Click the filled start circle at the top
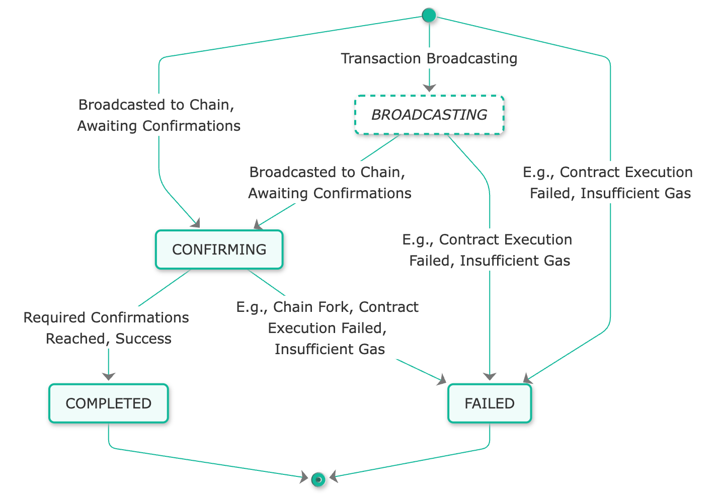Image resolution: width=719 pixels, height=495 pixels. (x=429, y=16)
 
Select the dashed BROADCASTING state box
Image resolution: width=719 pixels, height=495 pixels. (x=429, y=115)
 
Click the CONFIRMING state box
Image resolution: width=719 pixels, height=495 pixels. (x=219, y=250)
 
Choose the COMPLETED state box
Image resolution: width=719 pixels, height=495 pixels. (x=109, y=403)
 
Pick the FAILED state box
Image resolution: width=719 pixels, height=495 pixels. (x=490, y=403)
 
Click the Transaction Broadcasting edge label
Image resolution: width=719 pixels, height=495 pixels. (x=429, y=58)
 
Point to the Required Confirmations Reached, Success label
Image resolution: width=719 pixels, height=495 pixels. (x=109, y=327)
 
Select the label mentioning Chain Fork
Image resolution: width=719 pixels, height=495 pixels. (x=330, y=327)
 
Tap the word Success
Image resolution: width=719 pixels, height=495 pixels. (x=143, y=339)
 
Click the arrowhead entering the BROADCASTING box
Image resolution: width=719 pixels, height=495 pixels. (x=429, y=89)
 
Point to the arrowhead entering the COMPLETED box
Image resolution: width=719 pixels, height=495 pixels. (x=109, y=376)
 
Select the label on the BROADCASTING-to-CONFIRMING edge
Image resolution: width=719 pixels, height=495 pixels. (x=330, y=183)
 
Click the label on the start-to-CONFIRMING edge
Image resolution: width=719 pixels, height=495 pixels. (x=159, y=115)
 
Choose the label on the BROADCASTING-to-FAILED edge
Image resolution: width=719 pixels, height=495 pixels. (x=490, y=250)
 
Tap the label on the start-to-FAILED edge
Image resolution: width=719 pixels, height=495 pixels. (x=610, y=183)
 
